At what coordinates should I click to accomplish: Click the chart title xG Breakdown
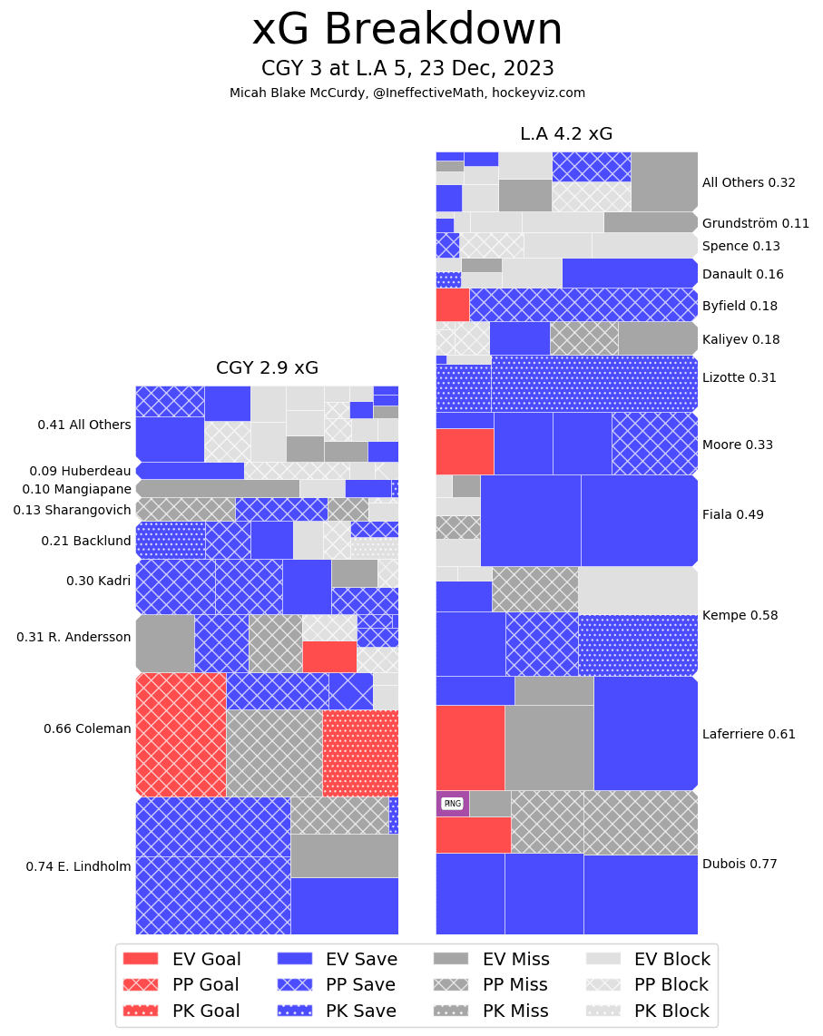point(407,30)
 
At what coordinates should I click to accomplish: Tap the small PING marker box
point(452,803)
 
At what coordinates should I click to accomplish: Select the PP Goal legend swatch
point(140,984)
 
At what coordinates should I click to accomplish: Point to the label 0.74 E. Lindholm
point(78,866)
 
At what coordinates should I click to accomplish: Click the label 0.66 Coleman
point(87,728)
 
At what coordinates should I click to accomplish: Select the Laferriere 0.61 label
point(749,734)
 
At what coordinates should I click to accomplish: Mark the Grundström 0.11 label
point(755,223)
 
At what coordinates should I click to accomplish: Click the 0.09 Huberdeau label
point(80,471)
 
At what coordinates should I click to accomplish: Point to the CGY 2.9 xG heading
point(267,368)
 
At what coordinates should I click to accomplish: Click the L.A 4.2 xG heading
point(566,134)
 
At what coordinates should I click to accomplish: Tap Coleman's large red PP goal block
point(181,734)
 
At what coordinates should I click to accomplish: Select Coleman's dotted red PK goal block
point(360,753)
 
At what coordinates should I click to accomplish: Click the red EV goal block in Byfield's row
point(452,305)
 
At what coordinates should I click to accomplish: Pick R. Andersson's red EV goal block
point(329,656)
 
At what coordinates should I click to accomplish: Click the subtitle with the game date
point(407,69)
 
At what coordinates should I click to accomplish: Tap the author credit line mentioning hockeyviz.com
point(407,93)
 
